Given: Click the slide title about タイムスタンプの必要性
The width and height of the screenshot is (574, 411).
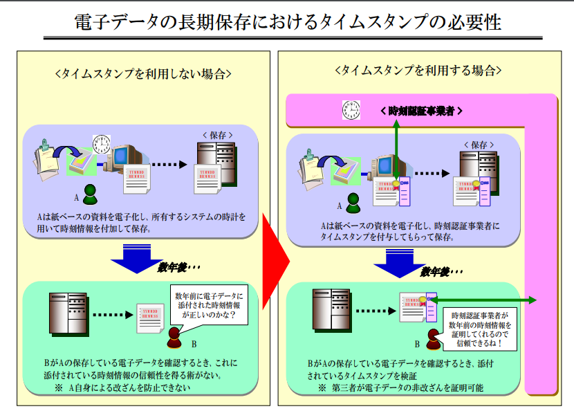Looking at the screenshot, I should (287, 21).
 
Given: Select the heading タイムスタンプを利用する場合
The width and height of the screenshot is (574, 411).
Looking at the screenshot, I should (418, 70).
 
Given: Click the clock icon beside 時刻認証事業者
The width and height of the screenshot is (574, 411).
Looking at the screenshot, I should (351, 110).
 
